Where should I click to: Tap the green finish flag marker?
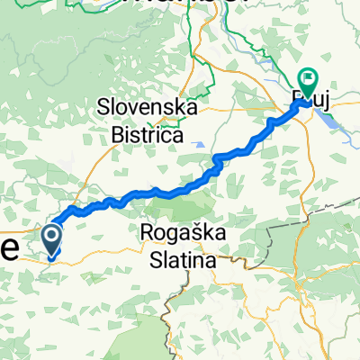tap(309, 83)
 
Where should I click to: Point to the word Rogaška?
tap(184, 232)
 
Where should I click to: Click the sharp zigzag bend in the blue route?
tap(217, 162)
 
